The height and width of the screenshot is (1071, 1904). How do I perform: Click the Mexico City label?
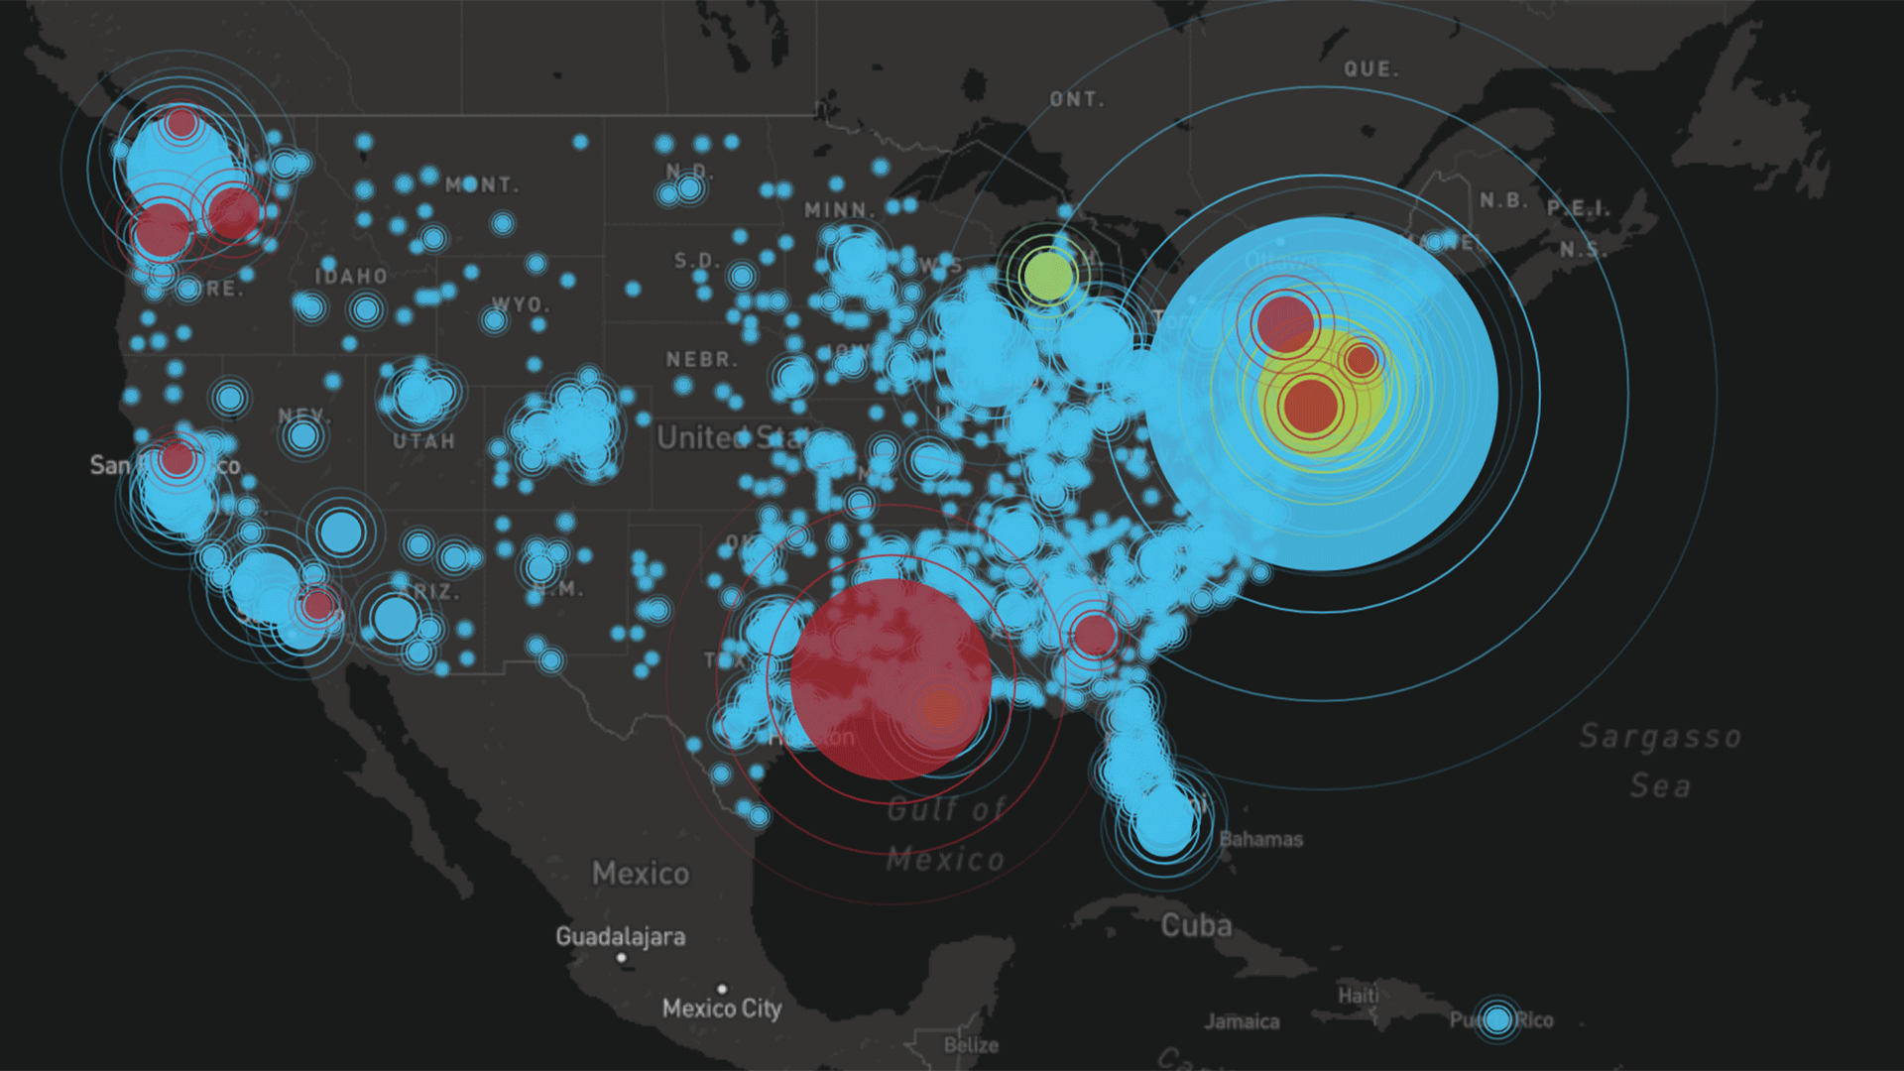pos(722,1010)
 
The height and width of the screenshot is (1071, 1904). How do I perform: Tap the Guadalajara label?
pos(620,936)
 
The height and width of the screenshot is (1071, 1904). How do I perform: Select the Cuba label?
pos(1197,925)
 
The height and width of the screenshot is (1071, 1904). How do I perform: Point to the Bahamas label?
pos(1260,839)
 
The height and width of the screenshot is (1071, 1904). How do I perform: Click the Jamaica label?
pos(1242,1021)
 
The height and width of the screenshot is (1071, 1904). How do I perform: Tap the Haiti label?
pos(1358,995)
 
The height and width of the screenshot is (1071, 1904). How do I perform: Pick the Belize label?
pos(971,1045)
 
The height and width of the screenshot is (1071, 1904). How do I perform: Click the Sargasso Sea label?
pos(1660,761)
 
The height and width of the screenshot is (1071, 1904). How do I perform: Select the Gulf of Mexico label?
pos(945,834)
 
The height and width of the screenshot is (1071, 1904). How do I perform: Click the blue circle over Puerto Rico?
pos(1497,1019)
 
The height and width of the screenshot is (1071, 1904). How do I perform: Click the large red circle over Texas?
pos(890,678)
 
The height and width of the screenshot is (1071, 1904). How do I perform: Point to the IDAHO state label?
pos(351,276)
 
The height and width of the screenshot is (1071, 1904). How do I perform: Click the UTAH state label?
pos(423,441)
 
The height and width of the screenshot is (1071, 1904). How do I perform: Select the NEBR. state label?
pos(701,359)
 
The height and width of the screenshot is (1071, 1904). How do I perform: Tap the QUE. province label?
pos(1371,69)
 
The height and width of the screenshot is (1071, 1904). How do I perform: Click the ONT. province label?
pos(1077,99)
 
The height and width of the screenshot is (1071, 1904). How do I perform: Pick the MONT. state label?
pos(482,185)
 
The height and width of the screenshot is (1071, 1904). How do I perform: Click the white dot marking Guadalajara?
pos(621,958)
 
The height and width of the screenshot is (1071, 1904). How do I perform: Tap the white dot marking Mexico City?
pos(722,989)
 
